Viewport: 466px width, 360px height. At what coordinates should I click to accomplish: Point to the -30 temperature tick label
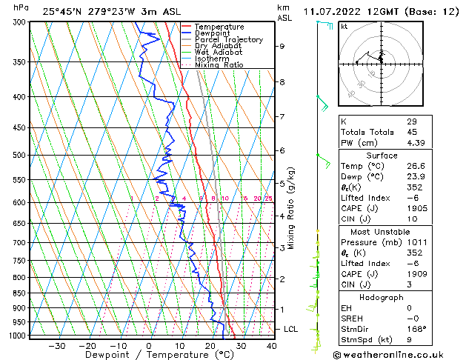tap(56, 345)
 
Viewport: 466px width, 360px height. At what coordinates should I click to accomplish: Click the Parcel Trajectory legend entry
tap(228, 39)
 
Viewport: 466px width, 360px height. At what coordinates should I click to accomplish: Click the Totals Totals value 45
tap(411, 132)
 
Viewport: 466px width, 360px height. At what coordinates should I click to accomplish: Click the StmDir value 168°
tap(416, 329)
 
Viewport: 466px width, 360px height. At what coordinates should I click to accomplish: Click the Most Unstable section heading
tap(382, 231)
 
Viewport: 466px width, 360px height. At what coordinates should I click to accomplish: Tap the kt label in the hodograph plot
tap(344, 27)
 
